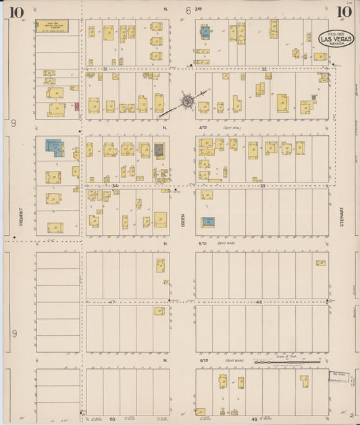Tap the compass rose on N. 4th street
click(x=186, y=103)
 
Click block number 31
click(x=105, y=69)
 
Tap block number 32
click(x=265, y=69)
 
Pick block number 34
click(x=115, y=185)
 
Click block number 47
click(x=113, y=302)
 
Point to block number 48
click(x=259, y=302)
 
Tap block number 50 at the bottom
click(x=113, y=419)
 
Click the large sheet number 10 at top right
click(x=343, y=11)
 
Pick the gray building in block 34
click(x=159, y=150)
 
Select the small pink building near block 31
click(x=76, y=106)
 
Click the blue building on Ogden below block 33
click(x=209, y=222)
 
